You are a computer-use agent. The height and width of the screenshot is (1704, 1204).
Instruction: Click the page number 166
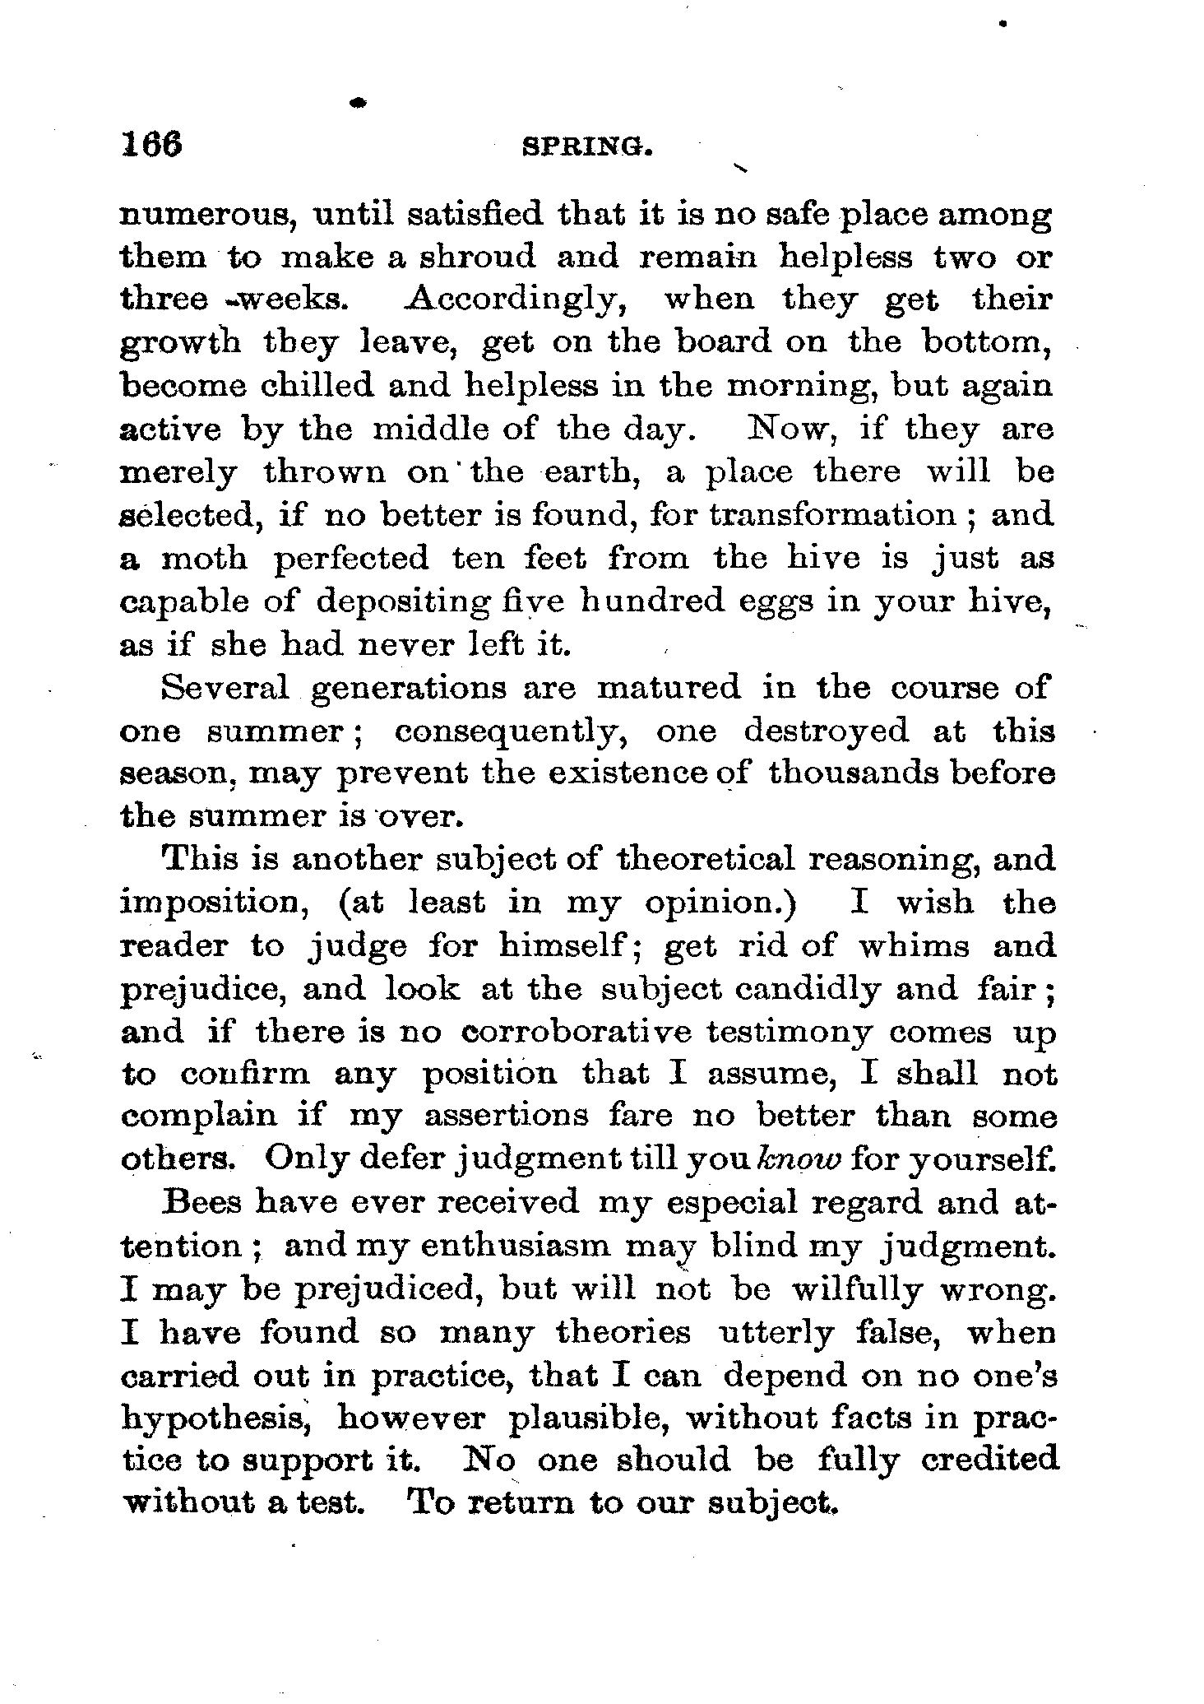pos(151,145)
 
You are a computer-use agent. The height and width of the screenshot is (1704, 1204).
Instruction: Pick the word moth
pos(204,559)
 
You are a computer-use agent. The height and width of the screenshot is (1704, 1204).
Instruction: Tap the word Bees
pos(202,1202)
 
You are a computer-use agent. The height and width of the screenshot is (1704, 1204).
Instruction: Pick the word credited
pos(989,1460)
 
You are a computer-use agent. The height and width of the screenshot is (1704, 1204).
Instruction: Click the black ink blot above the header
pos(357,103)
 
